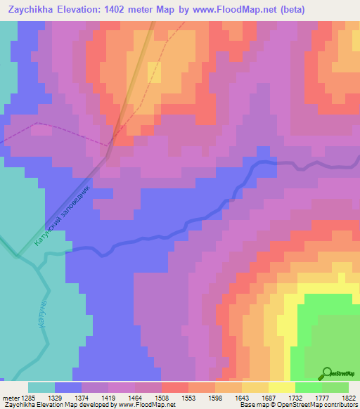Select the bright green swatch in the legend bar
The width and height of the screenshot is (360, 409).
[x=309, y=387]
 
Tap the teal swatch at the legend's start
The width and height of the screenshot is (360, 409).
[x=41, y=387]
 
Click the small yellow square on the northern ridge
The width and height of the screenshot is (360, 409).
[x=154, y=72]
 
